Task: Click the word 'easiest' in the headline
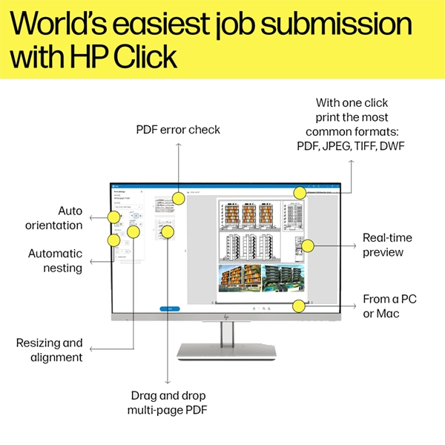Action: coord(159,24)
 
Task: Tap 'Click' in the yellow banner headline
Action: coord(145,58)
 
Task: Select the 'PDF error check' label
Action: coord(178,130)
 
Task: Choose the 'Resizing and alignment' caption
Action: coord(49,350)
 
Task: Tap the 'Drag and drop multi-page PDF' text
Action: coord(168,402)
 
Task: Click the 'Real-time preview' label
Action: coord(386,245)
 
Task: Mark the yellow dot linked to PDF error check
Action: coord(178,198)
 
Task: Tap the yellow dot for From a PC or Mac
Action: coord(299,306)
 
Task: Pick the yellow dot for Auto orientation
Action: coord(114,217)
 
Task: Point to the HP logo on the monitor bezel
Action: coord(226,317)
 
